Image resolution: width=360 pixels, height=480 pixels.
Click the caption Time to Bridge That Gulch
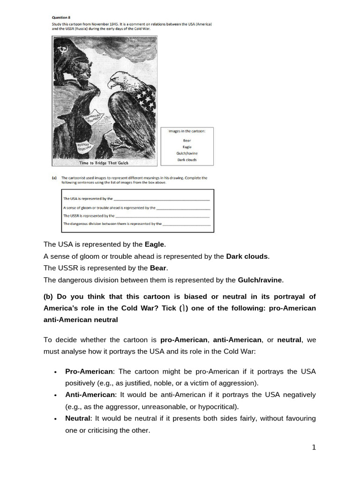pos(104,163)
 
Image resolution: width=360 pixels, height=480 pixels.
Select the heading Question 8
pos(61,17)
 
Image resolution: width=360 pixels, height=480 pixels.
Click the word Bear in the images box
pos(187,140)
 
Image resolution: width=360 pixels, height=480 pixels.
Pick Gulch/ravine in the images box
pos(187,153)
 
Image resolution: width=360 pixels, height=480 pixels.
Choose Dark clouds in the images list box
pos(187,160)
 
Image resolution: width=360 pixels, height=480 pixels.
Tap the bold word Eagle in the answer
pos(155,244)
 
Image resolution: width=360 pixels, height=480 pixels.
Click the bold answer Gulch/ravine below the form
pos(260,280)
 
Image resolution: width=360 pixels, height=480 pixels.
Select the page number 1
pos(314,447)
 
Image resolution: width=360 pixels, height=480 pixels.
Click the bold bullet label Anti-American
pos(90,395)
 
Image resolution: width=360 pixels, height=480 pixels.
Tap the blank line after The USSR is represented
pos(162,216)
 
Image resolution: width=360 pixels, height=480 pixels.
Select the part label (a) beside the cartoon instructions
pos(54,178)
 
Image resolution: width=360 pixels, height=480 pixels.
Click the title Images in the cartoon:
pos(187,131)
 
